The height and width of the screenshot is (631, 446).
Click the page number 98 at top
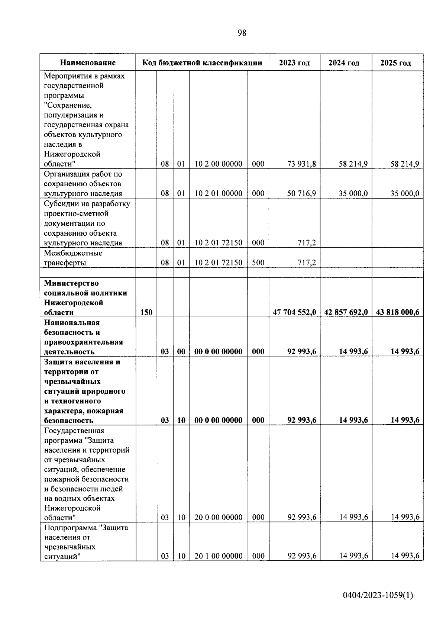(242, 33)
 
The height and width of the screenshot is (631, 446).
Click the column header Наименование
(88, 63)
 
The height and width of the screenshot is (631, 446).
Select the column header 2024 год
(344, 63)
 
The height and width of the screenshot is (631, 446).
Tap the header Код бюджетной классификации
(202, 63)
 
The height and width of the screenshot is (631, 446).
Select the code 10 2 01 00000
(218, 193)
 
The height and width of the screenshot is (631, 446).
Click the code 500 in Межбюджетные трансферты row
(258, 263)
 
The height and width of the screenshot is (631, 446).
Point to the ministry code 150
(146, 312)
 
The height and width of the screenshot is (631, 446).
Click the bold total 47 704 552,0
(294, 312)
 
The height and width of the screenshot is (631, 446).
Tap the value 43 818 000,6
(397, 312)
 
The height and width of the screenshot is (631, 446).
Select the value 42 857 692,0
(346, 312)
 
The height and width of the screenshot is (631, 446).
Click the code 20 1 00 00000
(218, 556)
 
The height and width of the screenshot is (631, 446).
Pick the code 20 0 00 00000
(218, 517)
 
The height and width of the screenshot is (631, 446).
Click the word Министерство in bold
(71, 283)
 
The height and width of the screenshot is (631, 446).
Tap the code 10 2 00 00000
(218, 164)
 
